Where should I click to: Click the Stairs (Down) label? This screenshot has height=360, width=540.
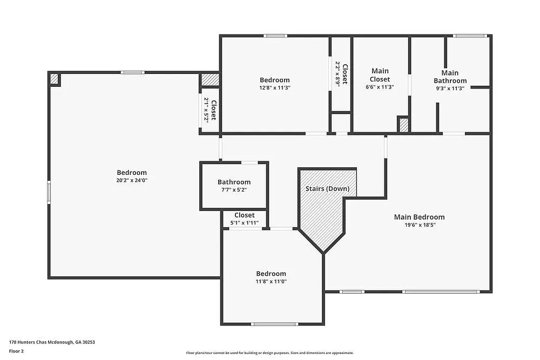327,189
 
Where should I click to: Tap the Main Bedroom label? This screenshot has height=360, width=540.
419,217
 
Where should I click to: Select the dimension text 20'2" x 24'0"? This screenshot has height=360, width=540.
132,181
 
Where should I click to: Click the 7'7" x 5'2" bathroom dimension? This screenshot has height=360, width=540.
234,191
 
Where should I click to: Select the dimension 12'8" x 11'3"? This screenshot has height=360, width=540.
275,88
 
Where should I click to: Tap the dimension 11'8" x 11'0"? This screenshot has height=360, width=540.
271,282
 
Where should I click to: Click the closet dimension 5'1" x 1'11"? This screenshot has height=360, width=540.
244,223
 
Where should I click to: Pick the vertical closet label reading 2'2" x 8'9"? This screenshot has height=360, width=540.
337,74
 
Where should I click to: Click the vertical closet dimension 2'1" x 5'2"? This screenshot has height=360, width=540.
206,110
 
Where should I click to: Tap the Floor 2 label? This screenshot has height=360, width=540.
16,351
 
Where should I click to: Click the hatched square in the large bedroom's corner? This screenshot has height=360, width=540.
54,79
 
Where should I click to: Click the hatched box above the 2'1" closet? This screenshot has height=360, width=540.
210,80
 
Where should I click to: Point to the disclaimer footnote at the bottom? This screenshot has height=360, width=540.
270,353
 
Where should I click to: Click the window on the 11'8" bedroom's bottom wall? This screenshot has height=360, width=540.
275,324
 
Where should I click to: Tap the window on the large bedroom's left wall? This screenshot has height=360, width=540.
49,192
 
